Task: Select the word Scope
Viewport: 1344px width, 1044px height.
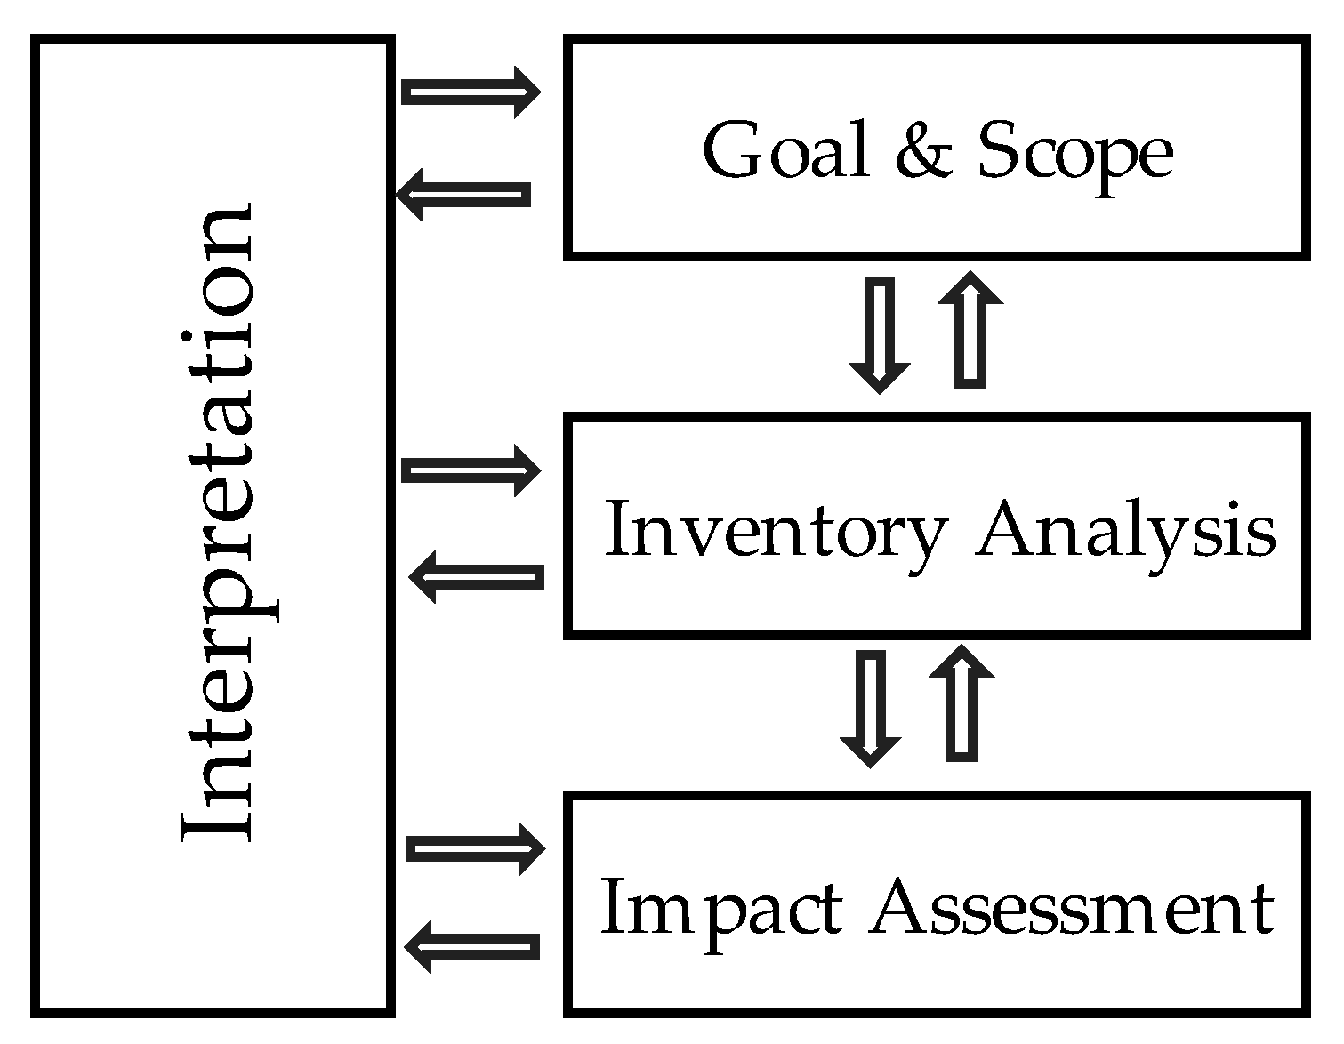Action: tap(1074, 153)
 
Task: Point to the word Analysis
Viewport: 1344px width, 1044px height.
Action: tap(1125, 532)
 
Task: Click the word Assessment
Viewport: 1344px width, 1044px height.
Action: tap(1072, 909)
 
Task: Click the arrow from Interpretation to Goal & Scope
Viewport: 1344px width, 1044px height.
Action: tap(471, 92)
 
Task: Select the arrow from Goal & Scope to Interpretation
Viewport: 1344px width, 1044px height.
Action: tap(463, 194)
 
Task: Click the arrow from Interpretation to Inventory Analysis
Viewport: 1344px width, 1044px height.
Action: tap(471, 470)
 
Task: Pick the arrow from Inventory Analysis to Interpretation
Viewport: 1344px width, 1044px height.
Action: tap(476, 577)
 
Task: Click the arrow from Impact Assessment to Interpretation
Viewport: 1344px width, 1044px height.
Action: tap(472, 945)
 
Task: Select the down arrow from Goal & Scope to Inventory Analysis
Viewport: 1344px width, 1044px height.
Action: tap(880, 333)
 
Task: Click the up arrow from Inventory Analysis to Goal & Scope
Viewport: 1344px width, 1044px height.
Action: tap(970, 329)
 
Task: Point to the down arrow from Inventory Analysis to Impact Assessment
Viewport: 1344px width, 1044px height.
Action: tap(871, 707)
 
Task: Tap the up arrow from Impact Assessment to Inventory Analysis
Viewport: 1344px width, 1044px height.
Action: tap(961, 703)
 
